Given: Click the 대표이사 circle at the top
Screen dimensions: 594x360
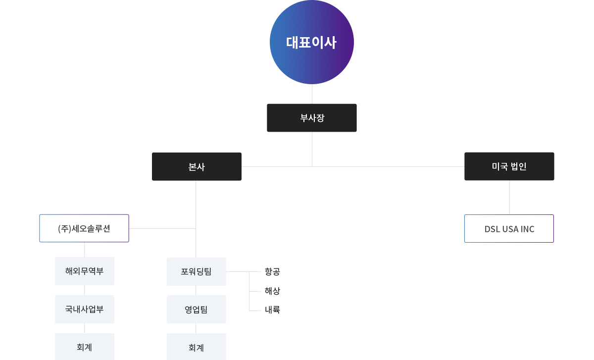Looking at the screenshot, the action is [x=311, y=42].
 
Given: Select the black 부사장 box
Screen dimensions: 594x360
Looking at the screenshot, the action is [x=311, y=118].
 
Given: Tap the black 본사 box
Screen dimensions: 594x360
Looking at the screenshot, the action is [x=197, y=166].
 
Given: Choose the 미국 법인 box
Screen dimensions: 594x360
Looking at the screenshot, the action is [x=509, y=166].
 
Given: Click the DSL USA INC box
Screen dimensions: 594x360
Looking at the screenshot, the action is [x=509, y=228].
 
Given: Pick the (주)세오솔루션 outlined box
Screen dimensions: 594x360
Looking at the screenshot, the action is [x=84, y=228].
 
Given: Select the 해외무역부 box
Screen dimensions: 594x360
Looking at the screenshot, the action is [x=85, y=271].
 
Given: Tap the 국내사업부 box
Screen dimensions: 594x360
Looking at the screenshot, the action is [x=85, y=309].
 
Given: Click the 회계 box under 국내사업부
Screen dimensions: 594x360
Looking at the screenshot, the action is [x=85, y=347].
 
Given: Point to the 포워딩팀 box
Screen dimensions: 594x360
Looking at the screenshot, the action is [x=196, y=271].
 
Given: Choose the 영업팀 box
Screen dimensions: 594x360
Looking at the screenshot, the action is [x=196, y=309].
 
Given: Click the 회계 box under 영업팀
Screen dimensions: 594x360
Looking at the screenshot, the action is [x=196, y=347].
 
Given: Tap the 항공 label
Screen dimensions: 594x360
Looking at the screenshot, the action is [x=272, y=271].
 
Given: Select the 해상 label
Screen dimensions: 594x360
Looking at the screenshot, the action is [x=272, y=291].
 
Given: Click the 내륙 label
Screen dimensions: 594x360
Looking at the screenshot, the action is [x=272, y=309].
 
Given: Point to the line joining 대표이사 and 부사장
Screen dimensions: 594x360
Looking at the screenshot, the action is [x=312, y=94].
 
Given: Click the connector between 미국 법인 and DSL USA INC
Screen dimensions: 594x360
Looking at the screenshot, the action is [x=509, y=198].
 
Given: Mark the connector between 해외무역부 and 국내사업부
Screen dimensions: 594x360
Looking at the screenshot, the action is [x=84, y=290].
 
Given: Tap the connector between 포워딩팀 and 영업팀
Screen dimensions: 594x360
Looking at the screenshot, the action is [x=196, y=291].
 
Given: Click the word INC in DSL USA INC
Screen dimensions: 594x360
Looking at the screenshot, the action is [x=527, y=229].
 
